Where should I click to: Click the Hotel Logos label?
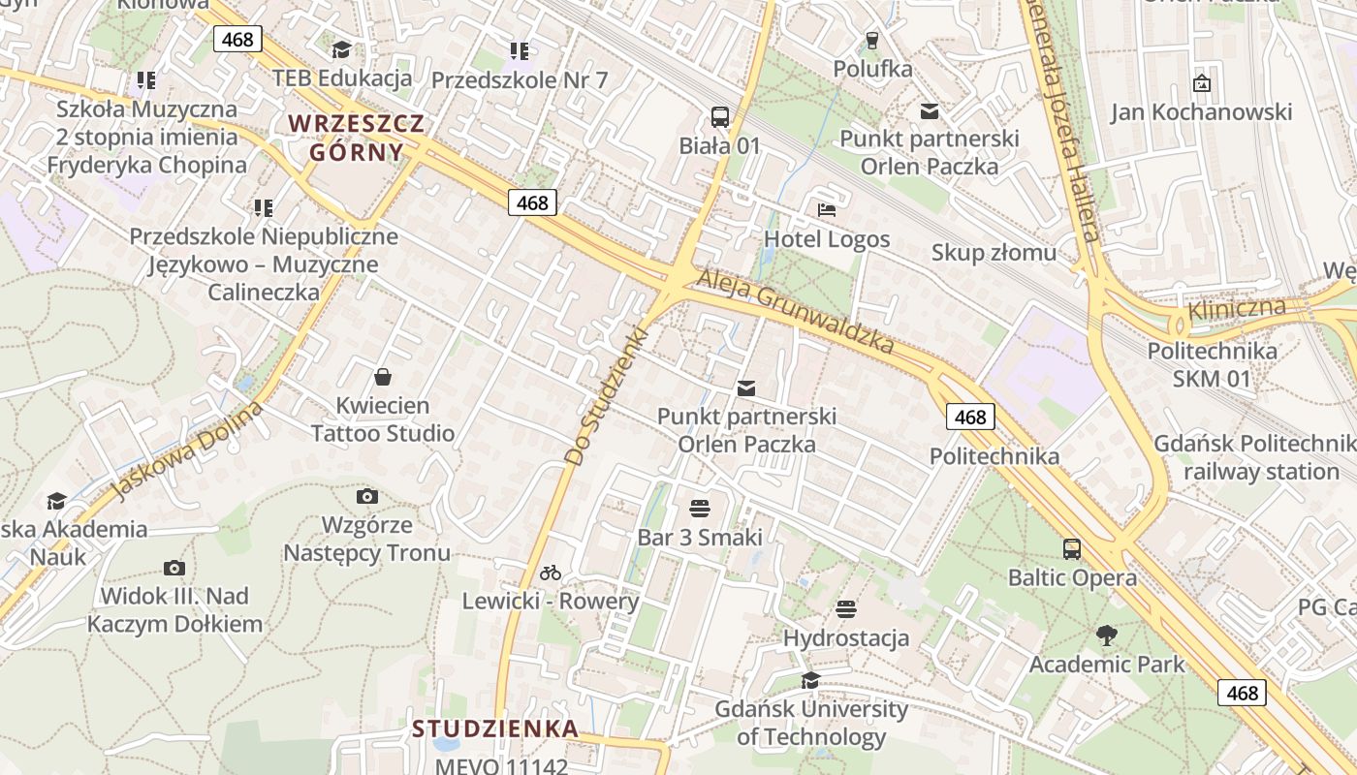pyautogui.click(x=827, y=238)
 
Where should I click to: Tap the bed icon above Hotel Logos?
pyautogui.click(x=827, y=209)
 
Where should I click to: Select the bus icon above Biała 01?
pyautogui.click(x=719, y=117)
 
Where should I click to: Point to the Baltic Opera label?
pyautogui.click(x=1072, y=578)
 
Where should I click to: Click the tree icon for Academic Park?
pyautogui.click(x=1106, y=635)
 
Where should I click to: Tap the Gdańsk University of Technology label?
pyautogui.click(x=811, y=723)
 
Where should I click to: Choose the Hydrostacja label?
pyautogui.click(x=846, y=638)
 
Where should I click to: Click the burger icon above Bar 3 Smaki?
pyautogui.click(x=700, y=509)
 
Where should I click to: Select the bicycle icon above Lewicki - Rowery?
pyautogui.click(x=551, y=573)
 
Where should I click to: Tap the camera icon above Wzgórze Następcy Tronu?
pyautogui.click(x=366, y=497)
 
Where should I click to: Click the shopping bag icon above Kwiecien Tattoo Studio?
pyautogui.click(x=383, y=376)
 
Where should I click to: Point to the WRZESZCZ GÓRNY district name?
pyautogui.click(x=357, y=138)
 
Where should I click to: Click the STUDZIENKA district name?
pyautogui.click(x=495, y=728)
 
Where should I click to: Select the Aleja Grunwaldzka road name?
pyautogui.click(x=794, y=311)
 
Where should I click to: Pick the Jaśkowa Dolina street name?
pyautogui.click(x=187, y=451)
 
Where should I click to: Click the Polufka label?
pyautogui.click(x=872, y=69)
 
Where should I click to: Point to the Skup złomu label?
pyautogui.click(x=994, y=253)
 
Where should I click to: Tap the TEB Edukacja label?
pyautogui.click(x=342, y=77)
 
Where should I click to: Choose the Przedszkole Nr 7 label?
pyautogui.click(x=520, y=79)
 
